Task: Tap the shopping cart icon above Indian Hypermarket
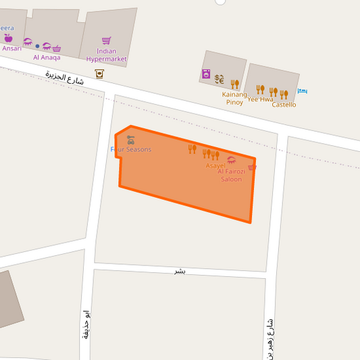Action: [106, 41]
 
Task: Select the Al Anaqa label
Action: [47, 57]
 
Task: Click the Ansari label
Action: [11, 48]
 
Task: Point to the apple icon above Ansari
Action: [8, 38]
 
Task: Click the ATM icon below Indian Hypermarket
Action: [99, 73]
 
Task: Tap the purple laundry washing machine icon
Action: [205, 74]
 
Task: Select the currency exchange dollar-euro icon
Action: [220, 79]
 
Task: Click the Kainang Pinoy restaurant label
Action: [234, 99]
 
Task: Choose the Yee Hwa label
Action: [260, 99]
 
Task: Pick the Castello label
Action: [284, 105]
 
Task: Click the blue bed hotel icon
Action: [302, 91]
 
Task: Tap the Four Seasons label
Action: [131, 149]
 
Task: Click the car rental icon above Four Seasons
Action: [130, 140]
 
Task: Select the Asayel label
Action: [215, 165]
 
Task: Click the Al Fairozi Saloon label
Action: [230, 176]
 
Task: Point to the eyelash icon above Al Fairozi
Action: [232, 160]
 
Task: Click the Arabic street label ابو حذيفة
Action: [86, 324]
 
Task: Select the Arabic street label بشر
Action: [180, 271]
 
